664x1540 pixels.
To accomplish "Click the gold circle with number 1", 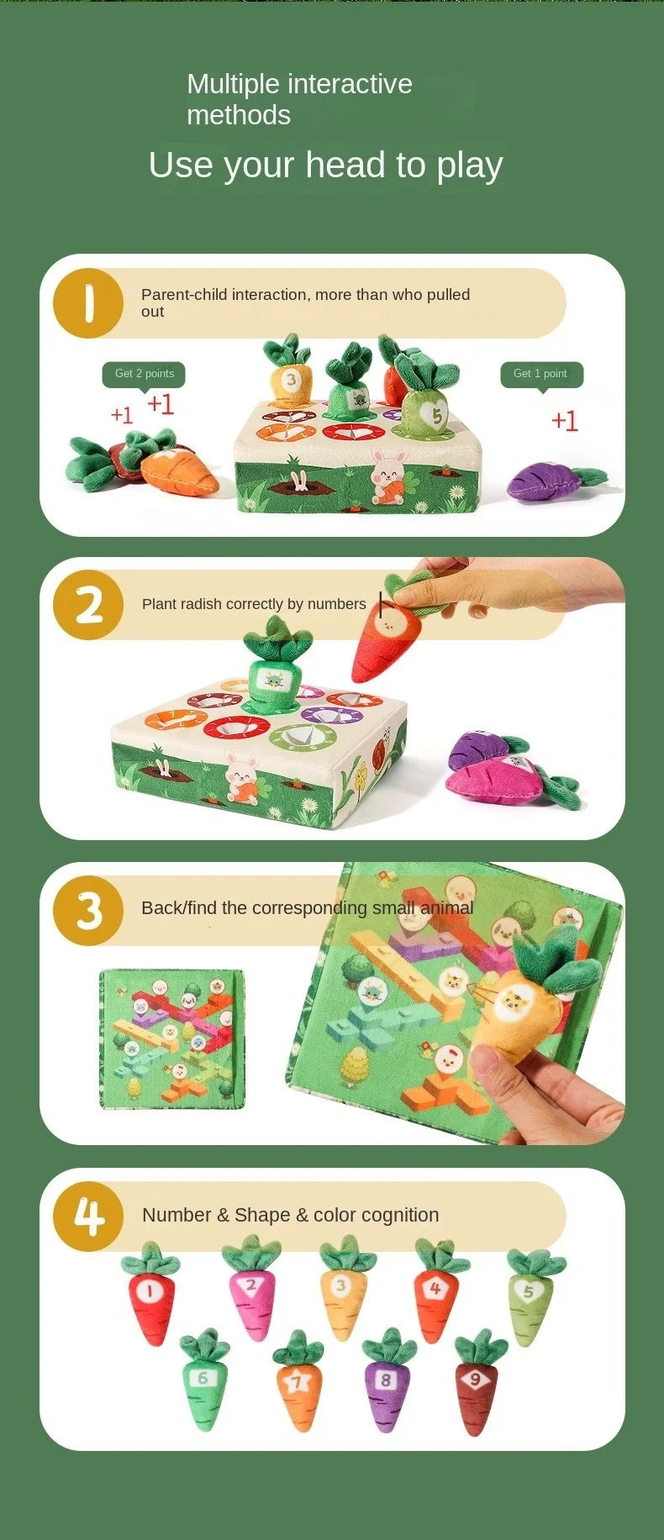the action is (88, 303).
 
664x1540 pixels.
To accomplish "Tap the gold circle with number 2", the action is (88, 605).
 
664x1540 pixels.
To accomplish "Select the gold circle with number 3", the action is (88, 911).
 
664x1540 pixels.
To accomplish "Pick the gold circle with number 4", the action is (88, 1216).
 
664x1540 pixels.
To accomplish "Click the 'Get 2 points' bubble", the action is (144, 375).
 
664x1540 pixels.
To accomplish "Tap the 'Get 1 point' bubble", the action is (541, 375).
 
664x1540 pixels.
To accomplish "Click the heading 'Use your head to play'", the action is (325, 166).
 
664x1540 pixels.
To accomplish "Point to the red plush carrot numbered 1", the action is (151, 1293).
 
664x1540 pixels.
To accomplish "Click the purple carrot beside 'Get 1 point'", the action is (551, 482).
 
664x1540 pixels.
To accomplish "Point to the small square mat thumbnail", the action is (172, 1039).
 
